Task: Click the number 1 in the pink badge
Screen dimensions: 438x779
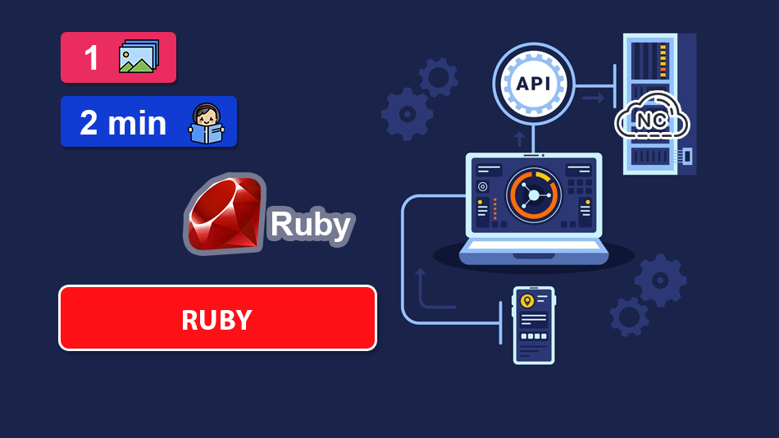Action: pyautogui.click(x=91, y=57)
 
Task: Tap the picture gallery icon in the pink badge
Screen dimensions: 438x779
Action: pyautogui.click(x=139, y=57)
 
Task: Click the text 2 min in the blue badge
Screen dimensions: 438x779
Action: pyautogui.click(x=123, y=123)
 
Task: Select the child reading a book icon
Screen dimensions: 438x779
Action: pyautogui.click(x=207, y=124)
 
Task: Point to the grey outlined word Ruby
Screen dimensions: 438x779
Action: pyautogui.click(x=310, y=224)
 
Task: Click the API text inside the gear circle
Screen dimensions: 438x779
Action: pyautogui.click(x=534, y=84)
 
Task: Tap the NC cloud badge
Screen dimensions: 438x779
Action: pyautogui.click(x=652, y=121)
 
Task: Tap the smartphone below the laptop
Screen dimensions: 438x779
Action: pyautogui.click(x=534, y=325)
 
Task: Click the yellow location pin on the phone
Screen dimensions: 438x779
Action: pyautogui.click(x=527, y=301)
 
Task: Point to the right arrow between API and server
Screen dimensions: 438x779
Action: pyautogui.click(x=593, y=98)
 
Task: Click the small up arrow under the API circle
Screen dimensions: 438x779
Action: pyautogui.click(x=518, y=137)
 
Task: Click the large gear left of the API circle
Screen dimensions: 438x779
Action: pyautogui.click(x=407, y=113)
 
